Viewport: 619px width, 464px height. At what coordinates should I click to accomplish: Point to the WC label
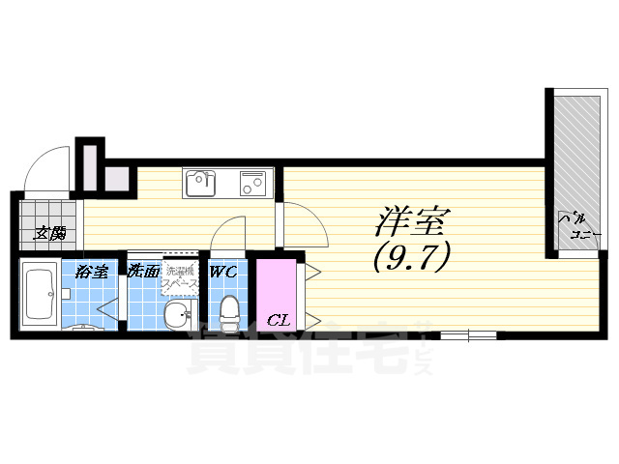tap(224, 272)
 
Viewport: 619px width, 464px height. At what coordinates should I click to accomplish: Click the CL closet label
tap(277, 319)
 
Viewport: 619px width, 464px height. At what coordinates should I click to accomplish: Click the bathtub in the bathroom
tap(40, 294)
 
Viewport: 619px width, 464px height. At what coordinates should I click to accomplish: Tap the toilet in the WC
tap(229, 311)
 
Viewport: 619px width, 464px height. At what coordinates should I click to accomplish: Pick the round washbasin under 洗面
tap(175, 313)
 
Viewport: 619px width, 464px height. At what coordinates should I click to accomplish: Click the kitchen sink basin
tap(203, 181)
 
